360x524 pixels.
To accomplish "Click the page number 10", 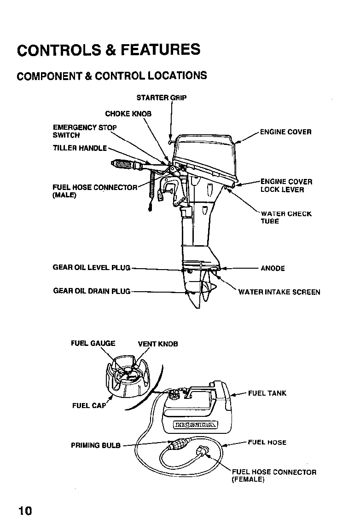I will coord(25,510).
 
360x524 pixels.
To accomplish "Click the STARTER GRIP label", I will coord(162,98).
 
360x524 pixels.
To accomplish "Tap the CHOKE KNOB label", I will coord(128,113).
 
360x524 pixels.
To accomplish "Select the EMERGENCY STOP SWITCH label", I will coord(85,131).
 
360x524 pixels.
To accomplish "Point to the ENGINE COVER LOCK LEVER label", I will coord(286,185).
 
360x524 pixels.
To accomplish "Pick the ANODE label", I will coord(273,268).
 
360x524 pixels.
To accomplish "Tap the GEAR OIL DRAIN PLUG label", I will coord(92,291).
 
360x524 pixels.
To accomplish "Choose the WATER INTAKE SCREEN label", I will coord(279,292).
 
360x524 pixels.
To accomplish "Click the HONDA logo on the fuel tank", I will coord(194,424).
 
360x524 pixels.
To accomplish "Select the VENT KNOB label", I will coord(158,344).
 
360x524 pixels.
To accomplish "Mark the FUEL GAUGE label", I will coord(93,343).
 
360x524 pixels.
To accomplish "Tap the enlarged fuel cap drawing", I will coord(128,380).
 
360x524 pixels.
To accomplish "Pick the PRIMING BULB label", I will coord(95,445).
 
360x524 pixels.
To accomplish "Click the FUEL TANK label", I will coord(267,393).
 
